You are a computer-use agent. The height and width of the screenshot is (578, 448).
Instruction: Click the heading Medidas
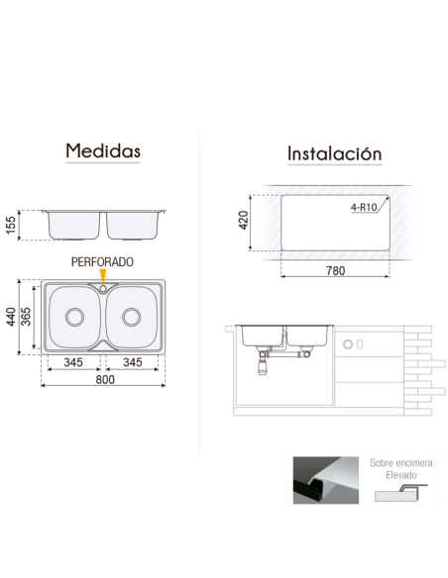103,151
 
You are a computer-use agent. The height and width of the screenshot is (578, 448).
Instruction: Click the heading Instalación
334,153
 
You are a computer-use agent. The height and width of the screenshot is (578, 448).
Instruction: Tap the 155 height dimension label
12,225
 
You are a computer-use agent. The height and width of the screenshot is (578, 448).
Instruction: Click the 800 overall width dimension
103,379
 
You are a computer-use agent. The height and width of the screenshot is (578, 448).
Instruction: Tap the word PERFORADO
102,261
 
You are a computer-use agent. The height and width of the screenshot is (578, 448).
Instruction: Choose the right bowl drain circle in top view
132,317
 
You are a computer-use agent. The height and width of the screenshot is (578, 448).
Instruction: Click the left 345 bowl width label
72,363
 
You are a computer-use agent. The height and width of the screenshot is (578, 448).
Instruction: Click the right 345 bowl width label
133,363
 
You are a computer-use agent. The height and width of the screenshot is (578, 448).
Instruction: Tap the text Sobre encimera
399,462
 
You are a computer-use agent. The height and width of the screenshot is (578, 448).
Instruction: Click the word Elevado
399,475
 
